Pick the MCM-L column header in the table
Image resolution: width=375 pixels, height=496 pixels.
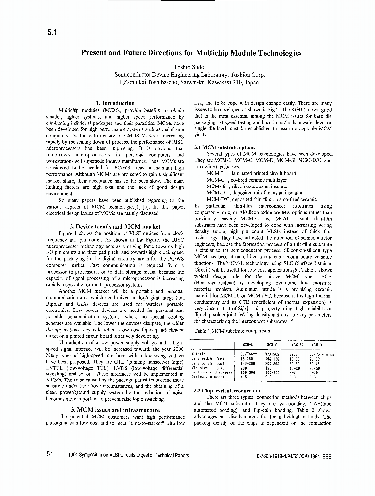coord(247,344)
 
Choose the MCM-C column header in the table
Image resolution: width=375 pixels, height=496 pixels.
coord(272,344)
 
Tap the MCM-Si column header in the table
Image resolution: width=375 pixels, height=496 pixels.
coord(297,344)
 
